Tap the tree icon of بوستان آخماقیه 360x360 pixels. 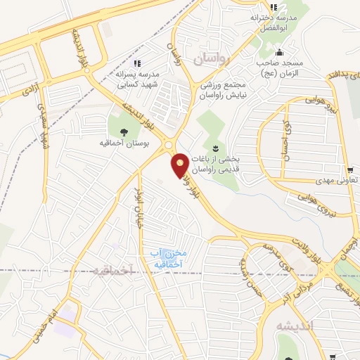click(124, 130)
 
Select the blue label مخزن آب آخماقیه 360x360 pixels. click(169, 257)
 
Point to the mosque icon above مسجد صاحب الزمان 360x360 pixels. click(280, 51)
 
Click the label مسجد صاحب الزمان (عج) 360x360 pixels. click(281, 68)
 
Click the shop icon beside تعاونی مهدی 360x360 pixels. click(350, 169)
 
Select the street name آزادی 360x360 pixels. click(30, 87)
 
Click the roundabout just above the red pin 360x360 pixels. click(172, 146)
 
